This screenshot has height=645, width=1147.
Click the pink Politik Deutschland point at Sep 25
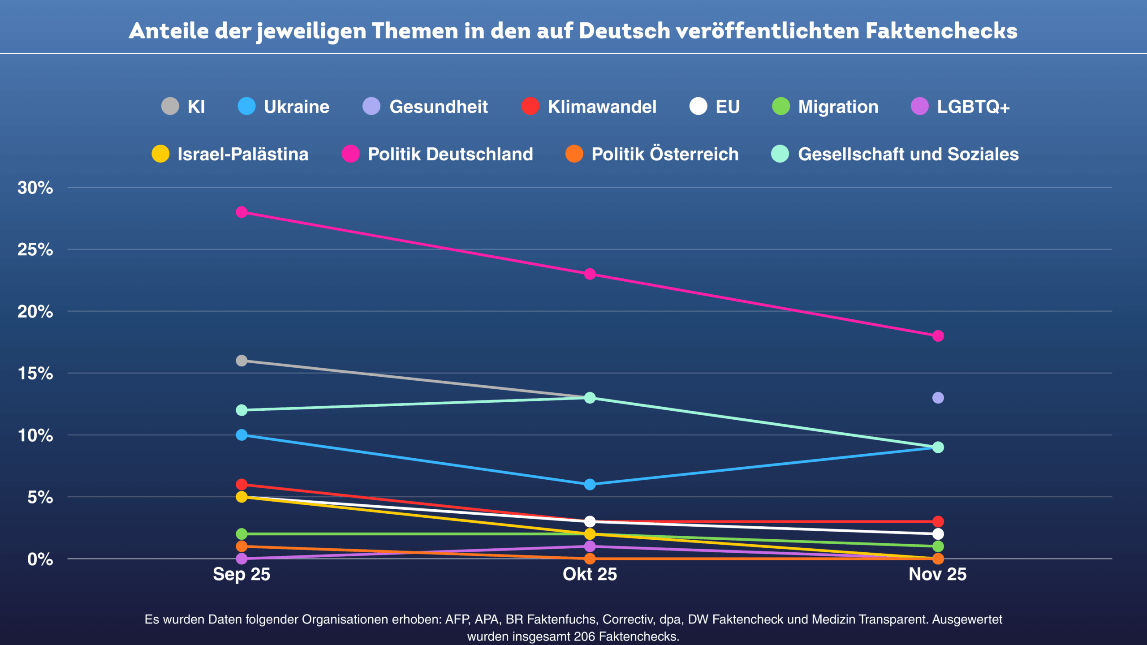click(241, 212)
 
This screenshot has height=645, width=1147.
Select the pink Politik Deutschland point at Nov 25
click(938, 336)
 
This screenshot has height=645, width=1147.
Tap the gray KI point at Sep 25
click(241, 361)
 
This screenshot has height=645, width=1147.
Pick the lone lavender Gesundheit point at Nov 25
click(938, 398)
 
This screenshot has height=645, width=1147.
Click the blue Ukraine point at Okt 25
click(590, 485)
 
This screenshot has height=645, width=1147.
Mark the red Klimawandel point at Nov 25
click(938, 521)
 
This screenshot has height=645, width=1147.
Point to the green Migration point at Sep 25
click(241, 534)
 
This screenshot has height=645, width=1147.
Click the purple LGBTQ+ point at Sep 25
click(241, 559)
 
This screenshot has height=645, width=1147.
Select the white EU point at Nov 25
click(938, 534)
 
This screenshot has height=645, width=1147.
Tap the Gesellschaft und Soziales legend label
click(908, 154)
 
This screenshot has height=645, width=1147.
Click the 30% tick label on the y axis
click(35, 188)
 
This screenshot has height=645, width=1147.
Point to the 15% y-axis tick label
click(35, 374)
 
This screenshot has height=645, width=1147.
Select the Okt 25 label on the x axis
click(590, 574)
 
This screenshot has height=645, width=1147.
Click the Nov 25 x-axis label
click(937, 574)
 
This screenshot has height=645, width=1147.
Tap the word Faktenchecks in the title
click(941, 31)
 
